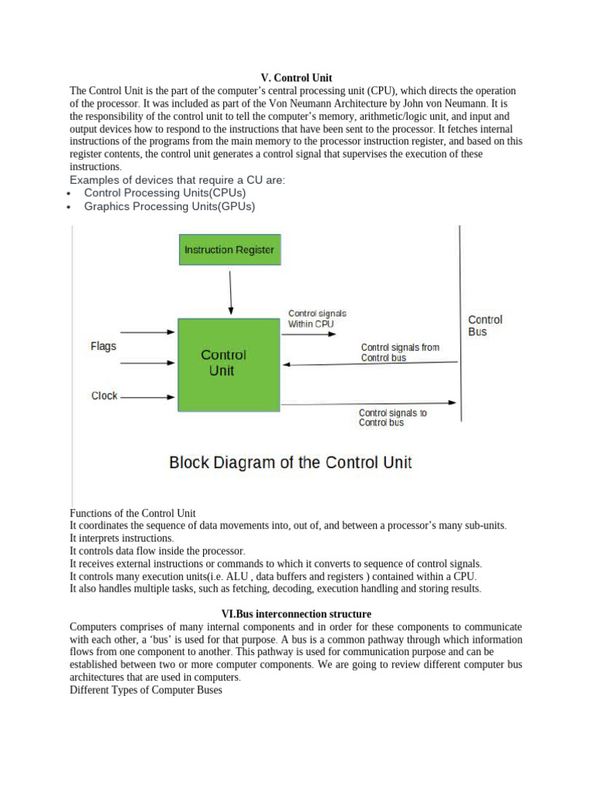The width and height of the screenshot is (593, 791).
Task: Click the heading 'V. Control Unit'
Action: tap(296, 78)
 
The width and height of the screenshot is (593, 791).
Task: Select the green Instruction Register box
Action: tap(229, 250)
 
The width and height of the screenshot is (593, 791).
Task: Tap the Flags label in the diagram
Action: tap(103, 346)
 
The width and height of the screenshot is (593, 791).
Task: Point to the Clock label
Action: tap(104, 395)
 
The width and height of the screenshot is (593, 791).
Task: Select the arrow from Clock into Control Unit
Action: tap(148, 398)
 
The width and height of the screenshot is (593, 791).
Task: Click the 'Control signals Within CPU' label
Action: tap(317, 319)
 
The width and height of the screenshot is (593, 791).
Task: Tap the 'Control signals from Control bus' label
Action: tap(399, 352)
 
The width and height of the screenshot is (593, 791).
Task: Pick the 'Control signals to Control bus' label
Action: tap(392, 418)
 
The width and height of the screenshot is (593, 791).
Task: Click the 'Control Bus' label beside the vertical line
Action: tap(485, 325)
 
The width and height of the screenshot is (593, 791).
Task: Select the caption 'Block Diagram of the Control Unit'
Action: tap(290, 463)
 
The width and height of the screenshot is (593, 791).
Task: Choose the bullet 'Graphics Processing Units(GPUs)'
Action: tap(169, 207)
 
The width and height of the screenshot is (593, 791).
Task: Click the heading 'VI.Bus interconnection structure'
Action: tap(296, 614)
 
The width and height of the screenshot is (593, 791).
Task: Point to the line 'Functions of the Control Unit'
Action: tap(133, 513)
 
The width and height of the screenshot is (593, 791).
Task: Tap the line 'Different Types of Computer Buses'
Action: tap(145, 690)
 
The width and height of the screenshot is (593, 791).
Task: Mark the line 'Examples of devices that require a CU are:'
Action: tap(178, 180)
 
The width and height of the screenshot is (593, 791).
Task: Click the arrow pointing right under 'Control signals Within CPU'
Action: tap(317, 336)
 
